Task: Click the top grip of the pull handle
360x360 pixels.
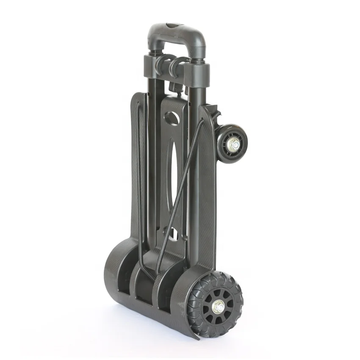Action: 176,30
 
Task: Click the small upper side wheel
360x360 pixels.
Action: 232,144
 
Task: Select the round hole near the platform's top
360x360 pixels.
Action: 172,117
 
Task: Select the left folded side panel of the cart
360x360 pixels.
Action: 136,169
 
